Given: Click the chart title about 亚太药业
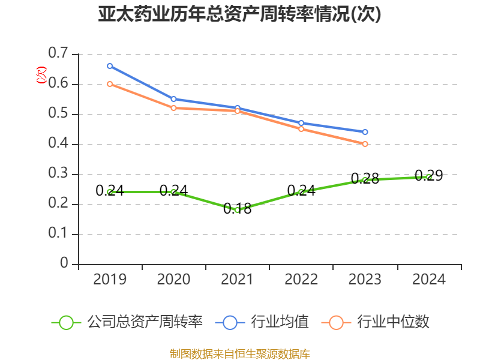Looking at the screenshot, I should tap(239, 14).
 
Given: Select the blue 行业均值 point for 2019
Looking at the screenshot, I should tap(110, 66).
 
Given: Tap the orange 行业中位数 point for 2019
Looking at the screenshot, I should tap(110, 84).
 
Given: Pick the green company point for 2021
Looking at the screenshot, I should tap(237, 210).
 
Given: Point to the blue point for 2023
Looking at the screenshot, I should tap(365, 132).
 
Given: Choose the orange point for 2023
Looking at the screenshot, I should tap(365, 144).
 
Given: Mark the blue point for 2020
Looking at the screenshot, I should tap(173, 99).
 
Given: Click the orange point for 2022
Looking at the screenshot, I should tap(301, 129).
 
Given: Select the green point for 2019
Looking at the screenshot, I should tap(110, 192).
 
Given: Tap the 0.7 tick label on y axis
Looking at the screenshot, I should tap(59, 54).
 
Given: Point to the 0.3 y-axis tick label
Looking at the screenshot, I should tap(59, 174).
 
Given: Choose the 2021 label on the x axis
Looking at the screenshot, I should tap(237, 280).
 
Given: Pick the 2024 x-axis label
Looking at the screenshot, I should tap(429, 280).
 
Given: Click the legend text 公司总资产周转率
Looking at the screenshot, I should tap(145, 322).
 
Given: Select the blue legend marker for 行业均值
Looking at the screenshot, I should tap(230, 322).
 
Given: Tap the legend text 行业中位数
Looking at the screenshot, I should tap(393, 322).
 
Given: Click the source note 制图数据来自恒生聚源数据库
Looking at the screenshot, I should tap(239, 353).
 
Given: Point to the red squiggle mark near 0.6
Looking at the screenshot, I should tap(41, 75).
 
